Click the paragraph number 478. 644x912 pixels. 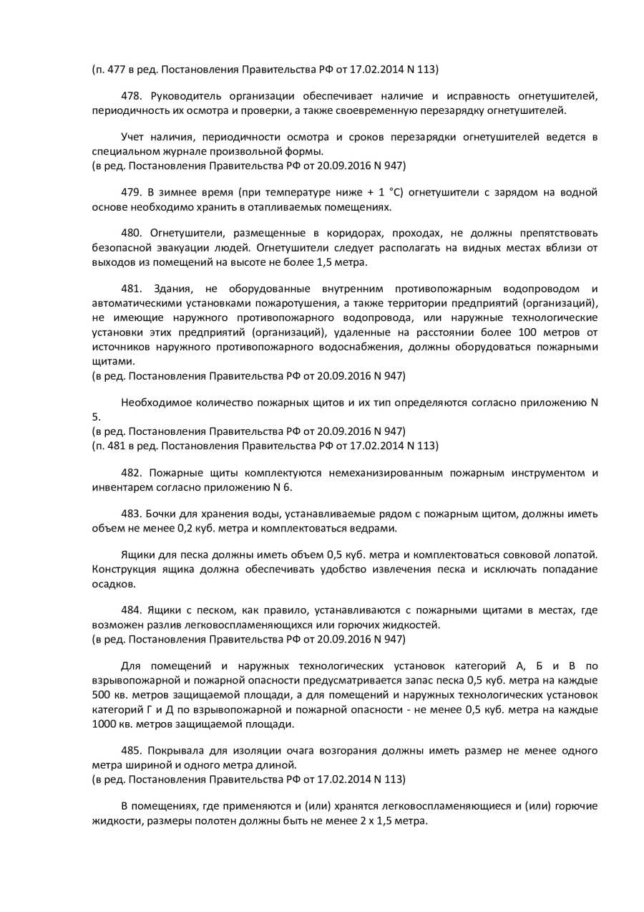click(131, 96)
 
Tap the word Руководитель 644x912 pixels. click(183, 96)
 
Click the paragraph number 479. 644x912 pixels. click(131, 193)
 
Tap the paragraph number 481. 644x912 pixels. click(131, 289)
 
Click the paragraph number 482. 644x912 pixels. click(131, 473)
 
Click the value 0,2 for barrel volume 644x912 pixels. click(185, 529)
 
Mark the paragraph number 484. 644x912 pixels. click(131, 611)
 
